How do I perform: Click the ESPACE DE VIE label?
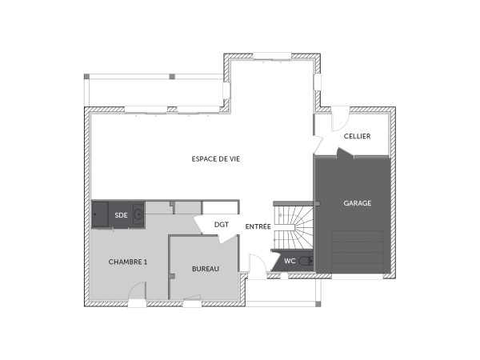click(216, 158)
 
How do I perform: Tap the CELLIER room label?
click(357, 137)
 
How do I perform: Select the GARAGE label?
click(357, 203)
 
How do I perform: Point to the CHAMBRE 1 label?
click(128, 262)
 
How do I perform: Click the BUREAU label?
click(205, 269)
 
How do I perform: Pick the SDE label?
click(121, 215)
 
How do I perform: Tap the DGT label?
click(222, 225)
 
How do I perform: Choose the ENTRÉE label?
click(258, 226)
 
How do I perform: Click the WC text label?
click(290, 261)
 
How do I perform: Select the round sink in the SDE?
click(138, 214)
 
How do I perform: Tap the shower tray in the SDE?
click(100, 214)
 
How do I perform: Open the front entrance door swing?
click(256, 266)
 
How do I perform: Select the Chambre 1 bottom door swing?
click(136, 301)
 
